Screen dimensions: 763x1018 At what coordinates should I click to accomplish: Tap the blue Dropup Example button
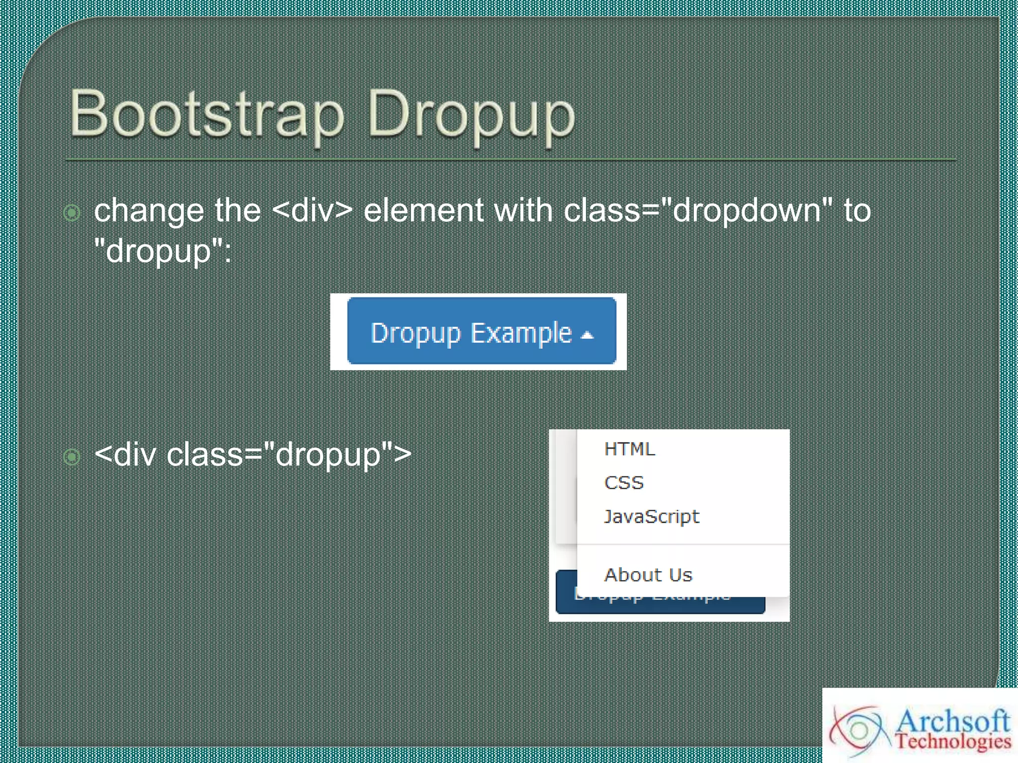click(x=481, y=331)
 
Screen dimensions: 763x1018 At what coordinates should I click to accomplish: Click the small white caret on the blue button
click(x=588, y=335)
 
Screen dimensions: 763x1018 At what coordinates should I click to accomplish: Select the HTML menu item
click(x=629, y=449)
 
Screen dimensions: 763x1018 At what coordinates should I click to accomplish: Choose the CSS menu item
click(x=624, y=483)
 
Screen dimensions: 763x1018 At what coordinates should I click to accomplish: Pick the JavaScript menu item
click(x=651, y=517)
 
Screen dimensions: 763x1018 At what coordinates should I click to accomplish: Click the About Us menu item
click(x=648, y=575)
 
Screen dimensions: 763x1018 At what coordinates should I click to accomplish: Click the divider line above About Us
click(x=683, y=544)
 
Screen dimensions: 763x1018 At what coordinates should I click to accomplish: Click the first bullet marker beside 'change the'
click(x=72, y=213)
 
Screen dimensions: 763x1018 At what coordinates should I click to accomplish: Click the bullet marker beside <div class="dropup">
click(x=72, y=456)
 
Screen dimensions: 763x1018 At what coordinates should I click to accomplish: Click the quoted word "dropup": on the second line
click(x=163, y=251)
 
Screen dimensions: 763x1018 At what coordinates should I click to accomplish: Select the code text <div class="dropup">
click(x=253, y=454)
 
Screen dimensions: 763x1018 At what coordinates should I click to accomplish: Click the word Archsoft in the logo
click(x=952, y=721)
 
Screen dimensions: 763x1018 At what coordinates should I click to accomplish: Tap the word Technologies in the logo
click(x=953, y=741)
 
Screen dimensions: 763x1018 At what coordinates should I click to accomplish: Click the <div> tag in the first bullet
click(x=312, y=211)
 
